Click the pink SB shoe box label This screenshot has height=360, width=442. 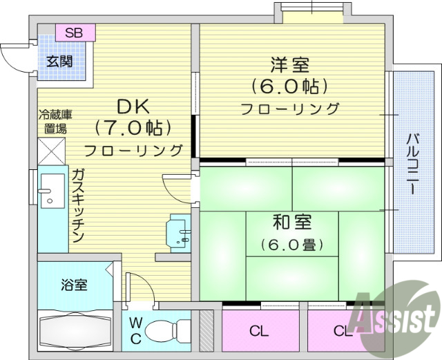click(75, 32)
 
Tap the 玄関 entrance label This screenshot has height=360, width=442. click(60, 60)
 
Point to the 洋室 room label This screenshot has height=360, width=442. click(289, 66)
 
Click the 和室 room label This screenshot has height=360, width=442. click(291, 222)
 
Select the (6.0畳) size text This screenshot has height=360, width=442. click(292, 245)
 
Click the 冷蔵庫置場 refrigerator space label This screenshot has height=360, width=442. click(55, 122)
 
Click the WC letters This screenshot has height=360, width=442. click(135, 330)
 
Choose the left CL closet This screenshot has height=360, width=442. click(259, 331)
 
